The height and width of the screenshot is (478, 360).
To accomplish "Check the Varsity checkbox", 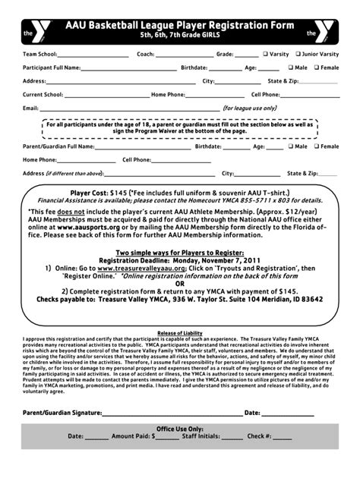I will pyautogui.click(x=266, y=55).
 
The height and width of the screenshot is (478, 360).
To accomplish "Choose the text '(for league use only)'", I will pyautogui.click(x=249, y=108).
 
